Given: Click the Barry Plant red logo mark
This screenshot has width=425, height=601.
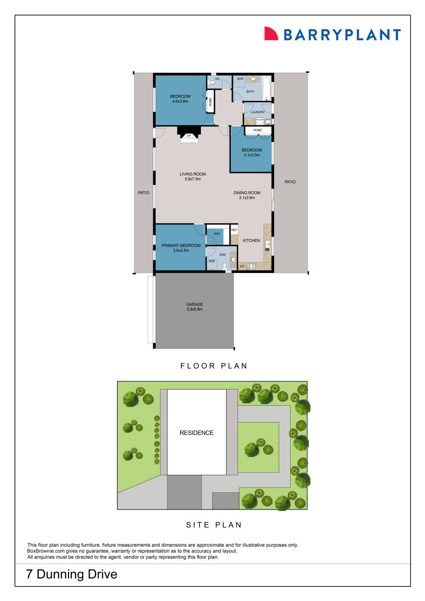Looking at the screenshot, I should coord(271,33).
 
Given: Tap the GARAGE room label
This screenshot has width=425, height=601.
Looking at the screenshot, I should coord(195,304).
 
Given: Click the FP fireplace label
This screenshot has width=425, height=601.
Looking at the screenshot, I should coord(189,136).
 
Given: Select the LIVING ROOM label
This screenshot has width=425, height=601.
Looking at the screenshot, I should coord(193,174).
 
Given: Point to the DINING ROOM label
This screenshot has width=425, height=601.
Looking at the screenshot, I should coord(247,193).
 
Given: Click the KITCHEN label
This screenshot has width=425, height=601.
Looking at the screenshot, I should coord(251,240).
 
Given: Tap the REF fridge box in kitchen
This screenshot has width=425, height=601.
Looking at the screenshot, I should coord(234,230).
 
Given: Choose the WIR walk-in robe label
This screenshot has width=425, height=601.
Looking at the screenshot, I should coord(216,234).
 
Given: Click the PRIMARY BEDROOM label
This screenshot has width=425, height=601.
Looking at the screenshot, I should coord(181,245).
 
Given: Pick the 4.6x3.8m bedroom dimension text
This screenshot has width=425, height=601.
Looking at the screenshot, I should coord(180,102).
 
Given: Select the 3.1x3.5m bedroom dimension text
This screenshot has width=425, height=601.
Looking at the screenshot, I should coord(251,155).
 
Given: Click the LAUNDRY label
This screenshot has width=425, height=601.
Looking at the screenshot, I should coord(258,112).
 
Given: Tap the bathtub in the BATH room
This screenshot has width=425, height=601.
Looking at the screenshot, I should coord(266,89).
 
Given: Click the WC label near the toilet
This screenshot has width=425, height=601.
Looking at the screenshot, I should coord(217,79).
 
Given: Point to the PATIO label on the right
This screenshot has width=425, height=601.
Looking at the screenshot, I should coord(290,182).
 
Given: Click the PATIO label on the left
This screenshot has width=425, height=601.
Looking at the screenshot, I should coord(143,193).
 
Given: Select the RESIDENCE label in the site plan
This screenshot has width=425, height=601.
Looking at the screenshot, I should coord(196,433).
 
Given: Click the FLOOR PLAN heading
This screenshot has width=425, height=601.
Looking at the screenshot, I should coord(214,366).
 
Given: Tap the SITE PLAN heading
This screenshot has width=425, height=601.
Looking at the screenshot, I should coord(214,525).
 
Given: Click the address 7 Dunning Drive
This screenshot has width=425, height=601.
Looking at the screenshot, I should coord(72,574).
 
